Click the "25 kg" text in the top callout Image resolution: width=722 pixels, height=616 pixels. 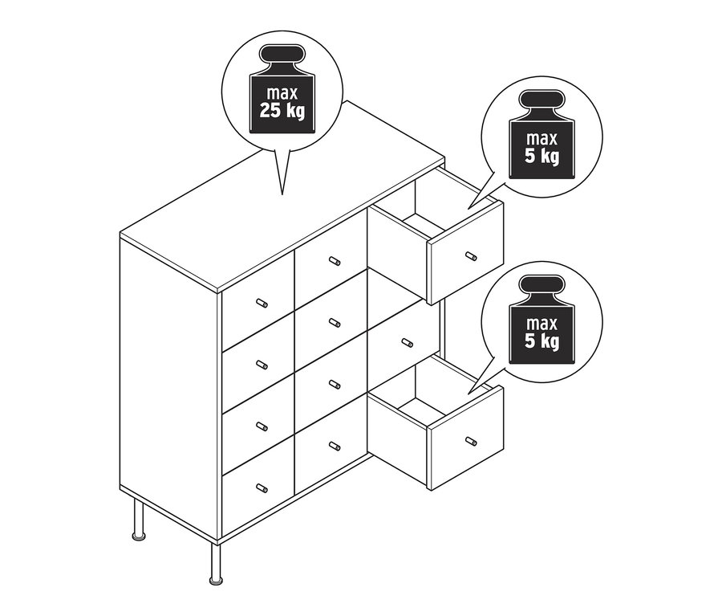tap(282, 111)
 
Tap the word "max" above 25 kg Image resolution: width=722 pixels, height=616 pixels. tap(282, 93)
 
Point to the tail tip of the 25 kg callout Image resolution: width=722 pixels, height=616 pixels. tap(282, 194)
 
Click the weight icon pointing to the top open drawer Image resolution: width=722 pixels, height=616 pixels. tap(542, 134)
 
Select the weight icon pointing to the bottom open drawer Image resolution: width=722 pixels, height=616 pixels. tap(542, 320)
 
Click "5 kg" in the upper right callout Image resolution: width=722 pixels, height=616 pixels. tap(542, 157)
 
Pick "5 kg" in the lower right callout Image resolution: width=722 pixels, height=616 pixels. tap(542, 341)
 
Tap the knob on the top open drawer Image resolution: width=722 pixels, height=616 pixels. tap(471, 256)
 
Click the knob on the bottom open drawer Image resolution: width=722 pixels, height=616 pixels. tap(471, 441)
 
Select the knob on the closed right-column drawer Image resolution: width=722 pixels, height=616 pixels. tap(407, 343)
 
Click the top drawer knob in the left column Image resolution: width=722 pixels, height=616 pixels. tap(262, 303)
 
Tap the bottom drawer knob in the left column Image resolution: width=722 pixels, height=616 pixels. tap(262, 487)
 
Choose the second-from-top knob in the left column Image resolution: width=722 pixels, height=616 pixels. tap(262, 365)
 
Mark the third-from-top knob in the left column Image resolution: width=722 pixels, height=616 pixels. tap(262, 426)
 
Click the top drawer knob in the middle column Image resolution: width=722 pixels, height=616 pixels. tap(335, 262)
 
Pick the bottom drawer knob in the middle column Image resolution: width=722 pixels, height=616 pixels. tap(335, 446)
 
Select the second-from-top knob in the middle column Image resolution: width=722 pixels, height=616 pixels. tap(335, 323)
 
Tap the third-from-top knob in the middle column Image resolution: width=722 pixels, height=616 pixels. tap(335, 384)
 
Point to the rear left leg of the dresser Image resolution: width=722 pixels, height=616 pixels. tap(139, 520)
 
